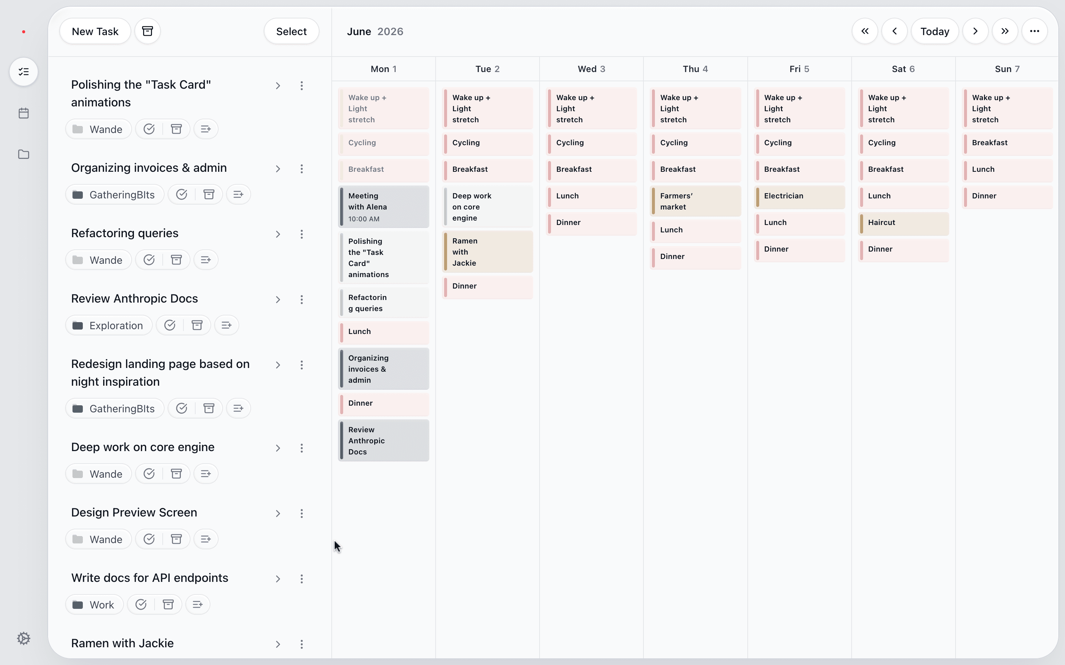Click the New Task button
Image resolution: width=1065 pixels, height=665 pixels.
tap(95, 31)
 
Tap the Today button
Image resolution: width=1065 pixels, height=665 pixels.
tap(934, 31)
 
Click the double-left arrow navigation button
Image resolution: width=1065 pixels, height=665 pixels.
tap(865, 31)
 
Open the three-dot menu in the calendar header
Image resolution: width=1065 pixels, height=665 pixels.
tap(1034, 31)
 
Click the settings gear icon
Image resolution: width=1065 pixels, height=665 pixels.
tap(24, 638)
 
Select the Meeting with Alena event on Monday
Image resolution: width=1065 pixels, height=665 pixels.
tap(384, 207)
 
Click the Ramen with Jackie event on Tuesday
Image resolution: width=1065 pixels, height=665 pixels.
tap(488, 252)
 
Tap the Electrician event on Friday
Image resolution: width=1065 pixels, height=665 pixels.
tap(799, 196)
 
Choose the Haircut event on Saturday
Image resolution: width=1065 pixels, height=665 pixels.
tap(903, 222)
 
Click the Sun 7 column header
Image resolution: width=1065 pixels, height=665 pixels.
tap(1007, 69)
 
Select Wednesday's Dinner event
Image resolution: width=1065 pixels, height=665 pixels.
tap(591, 222)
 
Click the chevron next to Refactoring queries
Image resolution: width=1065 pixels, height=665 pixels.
tap(278, 234)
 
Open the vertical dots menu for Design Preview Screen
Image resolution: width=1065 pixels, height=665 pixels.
tap(301, 513)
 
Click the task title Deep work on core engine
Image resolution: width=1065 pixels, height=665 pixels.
tap(143, 447)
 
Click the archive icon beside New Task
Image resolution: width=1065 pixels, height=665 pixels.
tap(148, 31)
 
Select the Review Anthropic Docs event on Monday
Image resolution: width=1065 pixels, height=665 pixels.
tap(384, 441)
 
